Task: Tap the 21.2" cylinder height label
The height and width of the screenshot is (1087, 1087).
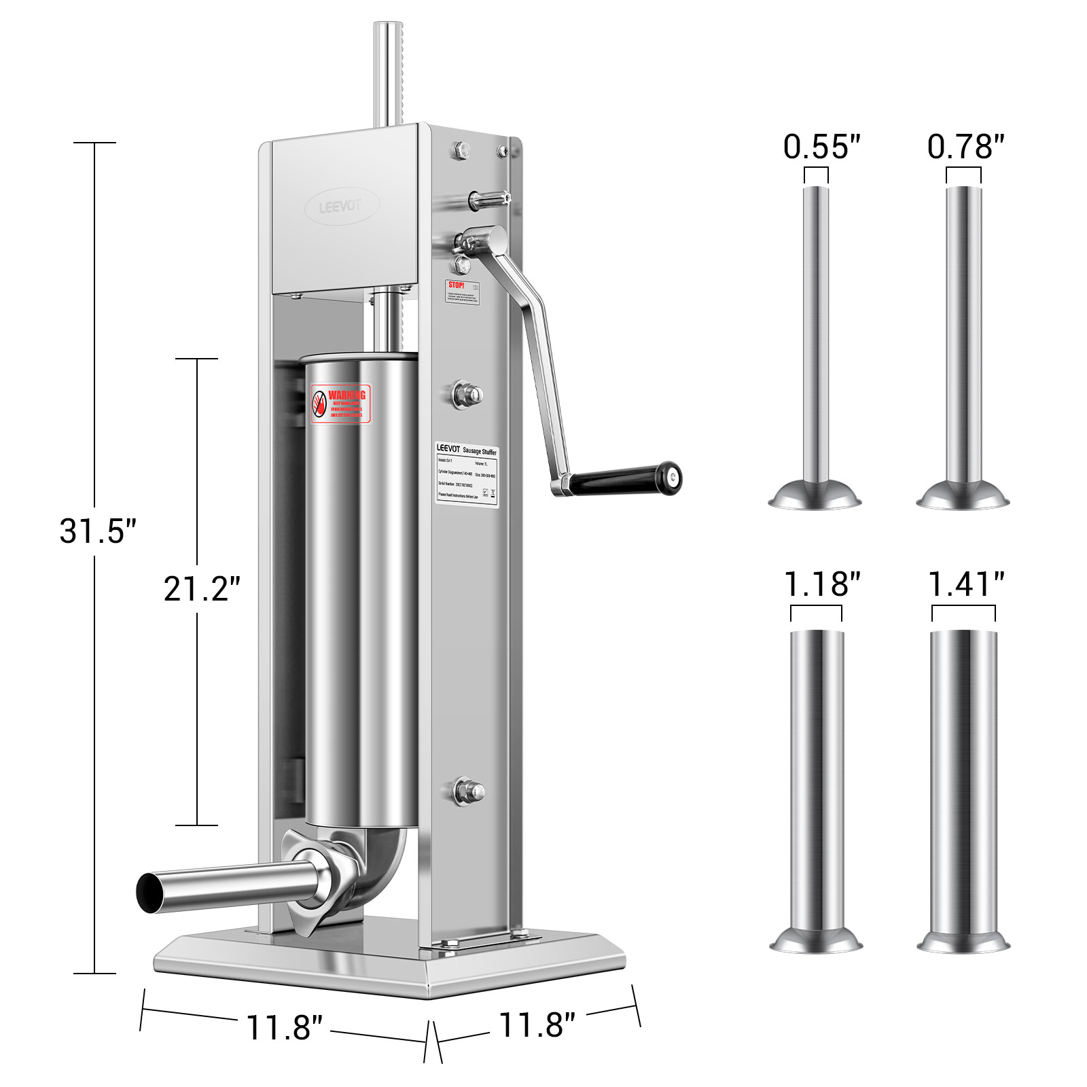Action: point(202,589)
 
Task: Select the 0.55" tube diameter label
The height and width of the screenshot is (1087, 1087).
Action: point(821,147)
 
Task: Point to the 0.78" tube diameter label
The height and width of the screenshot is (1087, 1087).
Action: point(965,147)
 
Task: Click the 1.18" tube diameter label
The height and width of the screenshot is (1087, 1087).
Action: point(822,584)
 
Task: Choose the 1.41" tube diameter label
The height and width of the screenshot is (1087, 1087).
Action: point(965,584)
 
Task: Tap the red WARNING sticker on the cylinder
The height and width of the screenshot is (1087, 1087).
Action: point(342,404)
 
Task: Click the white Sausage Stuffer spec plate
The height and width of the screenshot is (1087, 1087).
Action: point(467,473)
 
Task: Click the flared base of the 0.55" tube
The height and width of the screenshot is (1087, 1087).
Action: point(815,495)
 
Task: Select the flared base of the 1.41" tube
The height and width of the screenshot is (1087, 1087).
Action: point(963,940)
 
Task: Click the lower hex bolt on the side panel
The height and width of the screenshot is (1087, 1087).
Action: point(468,791)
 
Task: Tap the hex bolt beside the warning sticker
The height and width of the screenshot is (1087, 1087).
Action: point(468,393)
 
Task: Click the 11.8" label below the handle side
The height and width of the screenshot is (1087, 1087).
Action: point(537,1025)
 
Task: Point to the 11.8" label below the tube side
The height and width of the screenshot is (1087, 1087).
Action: point(283,1028)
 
